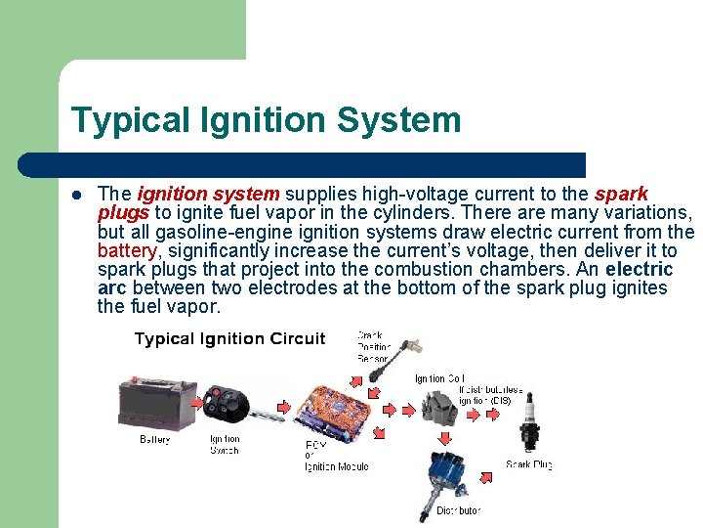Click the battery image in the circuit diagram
pyautogui.click(x=155, y=404)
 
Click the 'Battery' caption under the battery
pyautogui.click(x=154, y=440)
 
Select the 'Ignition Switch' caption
pyautogui.click(x=225, y=445)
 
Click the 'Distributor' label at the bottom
pyautogui.click(x=458, y=510)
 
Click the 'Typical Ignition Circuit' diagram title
pyautogui.click(x=229, y=339)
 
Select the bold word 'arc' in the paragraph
pyautogui.click(x=114, y=287)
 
